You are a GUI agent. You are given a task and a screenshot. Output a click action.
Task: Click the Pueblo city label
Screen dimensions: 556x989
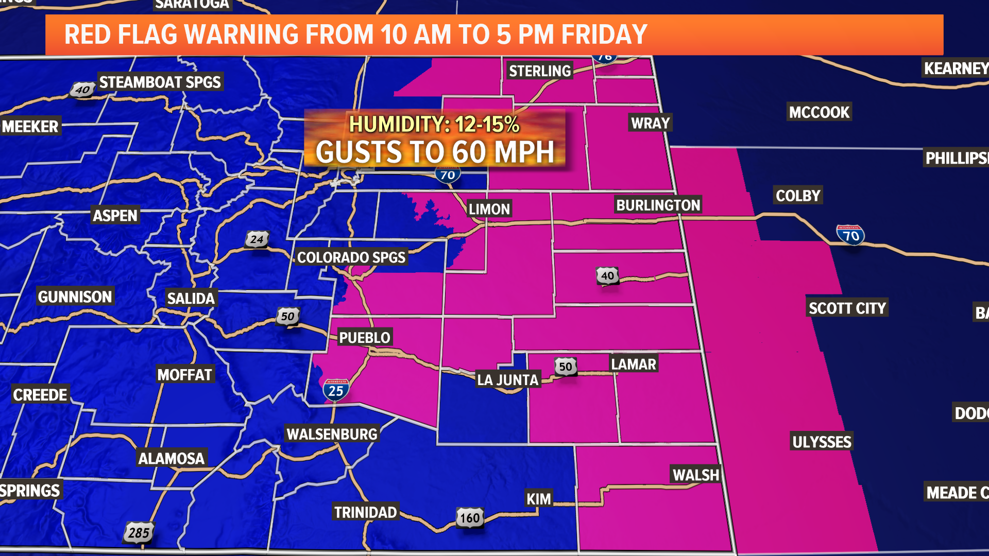(365, 338)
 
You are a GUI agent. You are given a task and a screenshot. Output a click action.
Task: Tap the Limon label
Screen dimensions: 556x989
(489, 209)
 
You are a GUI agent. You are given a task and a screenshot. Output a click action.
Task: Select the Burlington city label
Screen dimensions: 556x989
(658, 205)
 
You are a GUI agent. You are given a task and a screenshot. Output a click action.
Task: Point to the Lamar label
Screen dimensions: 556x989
(634, 364)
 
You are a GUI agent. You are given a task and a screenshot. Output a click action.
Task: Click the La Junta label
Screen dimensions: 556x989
(507, 380)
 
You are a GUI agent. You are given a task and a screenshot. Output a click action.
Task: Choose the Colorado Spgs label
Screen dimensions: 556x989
(351, 257)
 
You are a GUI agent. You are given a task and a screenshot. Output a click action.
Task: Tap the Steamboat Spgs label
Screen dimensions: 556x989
(160, 82)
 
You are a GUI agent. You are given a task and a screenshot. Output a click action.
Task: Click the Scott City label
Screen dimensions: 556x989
(847, 308)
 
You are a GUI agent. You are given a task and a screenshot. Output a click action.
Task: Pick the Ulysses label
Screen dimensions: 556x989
(822, 442)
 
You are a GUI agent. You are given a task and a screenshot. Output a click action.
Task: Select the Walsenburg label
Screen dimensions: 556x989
(332, 434)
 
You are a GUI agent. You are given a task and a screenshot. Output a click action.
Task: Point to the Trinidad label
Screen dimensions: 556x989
(365, 512)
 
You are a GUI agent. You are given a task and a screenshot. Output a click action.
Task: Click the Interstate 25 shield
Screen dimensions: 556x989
(336, 390)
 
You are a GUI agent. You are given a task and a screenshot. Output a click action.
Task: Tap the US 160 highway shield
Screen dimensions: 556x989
(470, 518)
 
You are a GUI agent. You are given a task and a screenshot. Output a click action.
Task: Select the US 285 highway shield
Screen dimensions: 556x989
(139, 533)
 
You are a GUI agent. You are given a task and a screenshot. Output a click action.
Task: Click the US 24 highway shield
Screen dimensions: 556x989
(257, 239)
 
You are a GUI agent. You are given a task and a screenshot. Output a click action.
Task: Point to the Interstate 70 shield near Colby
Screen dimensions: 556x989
(850, 235)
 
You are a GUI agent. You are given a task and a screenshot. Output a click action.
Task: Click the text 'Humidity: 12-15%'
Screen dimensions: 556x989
(434, 124)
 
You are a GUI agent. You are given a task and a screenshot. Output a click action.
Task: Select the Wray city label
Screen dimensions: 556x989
(650, 123)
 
